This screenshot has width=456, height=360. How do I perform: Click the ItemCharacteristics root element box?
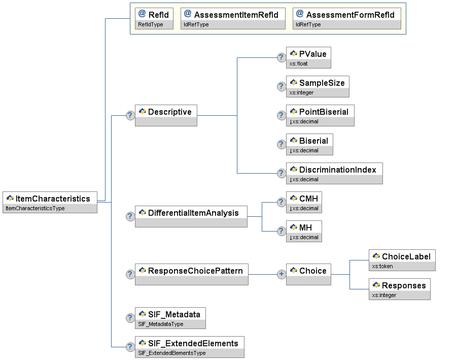(x=50, y=202)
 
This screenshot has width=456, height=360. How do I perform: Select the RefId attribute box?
(x=154, y=19)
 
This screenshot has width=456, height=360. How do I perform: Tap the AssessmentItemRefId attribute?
(x=233, y=19)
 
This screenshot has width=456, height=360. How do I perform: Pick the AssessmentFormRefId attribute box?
(x=346, y=19)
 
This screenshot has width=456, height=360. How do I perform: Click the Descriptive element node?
(x=166, y=116)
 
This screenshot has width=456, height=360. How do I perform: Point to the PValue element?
(x=308, y=57)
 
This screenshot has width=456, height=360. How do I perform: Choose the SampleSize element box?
(x=318, y=87)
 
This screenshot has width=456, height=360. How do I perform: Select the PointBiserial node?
(x=320, y=116)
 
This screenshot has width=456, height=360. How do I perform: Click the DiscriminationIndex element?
(x=334, y=174)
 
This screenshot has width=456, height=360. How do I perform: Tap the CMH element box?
(x=304, y=202)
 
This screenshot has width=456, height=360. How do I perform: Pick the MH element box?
(x=304, y=232)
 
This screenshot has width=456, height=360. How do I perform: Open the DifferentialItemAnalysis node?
(x=191, y=216)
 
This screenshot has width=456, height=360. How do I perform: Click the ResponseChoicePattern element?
(x=192, y=274)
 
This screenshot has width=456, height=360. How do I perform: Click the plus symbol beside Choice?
(x=281, y=274)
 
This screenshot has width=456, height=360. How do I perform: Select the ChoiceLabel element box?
(x=402, y=260)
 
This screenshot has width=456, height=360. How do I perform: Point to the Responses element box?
(x=400, y=289)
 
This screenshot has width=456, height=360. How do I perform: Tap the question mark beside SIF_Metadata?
(x=130, y=318)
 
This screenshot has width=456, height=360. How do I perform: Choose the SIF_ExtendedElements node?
(x=190, y=347)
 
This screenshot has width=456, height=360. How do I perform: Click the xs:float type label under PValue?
(x=298, y=64)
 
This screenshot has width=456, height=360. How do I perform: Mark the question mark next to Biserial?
(x=281, y=144)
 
